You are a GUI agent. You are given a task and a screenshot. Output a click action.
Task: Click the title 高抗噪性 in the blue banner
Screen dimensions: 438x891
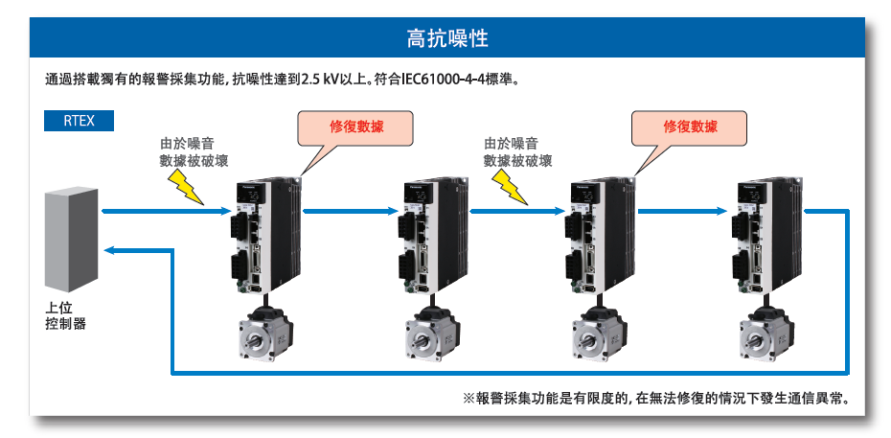[x=446, y=38]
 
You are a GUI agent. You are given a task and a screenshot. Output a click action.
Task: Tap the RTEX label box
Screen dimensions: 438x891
[x=79, y=122]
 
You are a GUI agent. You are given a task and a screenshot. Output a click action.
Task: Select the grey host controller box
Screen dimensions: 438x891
[x=71, y=240]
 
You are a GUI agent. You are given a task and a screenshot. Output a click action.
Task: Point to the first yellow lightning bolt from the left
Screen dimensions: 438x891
[x=188, y=188]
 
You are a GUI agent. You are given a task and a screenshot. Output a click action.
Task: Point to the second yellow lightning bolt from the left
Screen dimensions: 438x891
[x=511, y=188]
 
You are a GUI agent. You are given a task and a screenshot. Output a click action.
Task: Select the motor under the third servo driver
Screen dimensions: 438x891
[x=596, y=334]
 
